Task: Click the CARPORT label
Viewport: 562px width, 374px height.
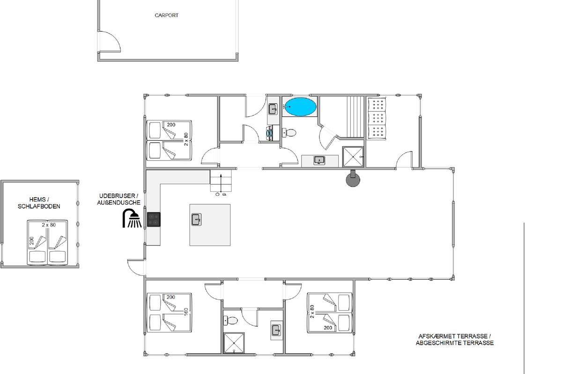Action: [x=166, y=15]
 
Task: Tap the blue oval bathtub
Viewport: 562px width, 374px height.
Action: [x=300, y=107]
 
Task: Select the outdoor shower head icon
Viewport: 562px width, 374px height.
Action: [x=132, y=218]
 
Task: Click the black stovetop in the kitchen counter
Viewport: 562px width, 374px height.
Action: [x=154, y=219]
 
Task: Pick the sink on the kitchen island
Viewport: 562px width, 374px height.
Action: [x=196, y=219]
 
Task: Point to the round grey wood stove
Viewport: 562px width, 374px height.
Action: [x=353, y=179]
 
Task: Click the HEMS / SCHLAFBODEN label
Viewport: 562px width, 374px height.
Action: [x=39, y=203]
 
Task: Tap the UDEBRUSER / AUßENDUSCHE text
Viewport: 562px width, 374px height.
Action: [x=118, y=199]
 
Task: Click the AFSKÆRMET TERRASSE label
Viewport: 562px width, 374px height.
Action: [x=455, y=336]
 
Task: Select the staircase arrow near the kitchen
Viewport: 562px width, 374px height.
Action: [x=221, y=184]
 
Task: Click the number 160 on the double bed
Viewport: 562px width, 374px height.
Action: [x=186, y=312]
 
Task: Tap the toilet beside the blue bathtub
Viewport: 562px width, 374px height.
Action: [x=289, y=132]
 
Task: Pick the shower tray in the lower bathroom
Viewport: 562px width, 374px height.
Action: [x=234, y=343]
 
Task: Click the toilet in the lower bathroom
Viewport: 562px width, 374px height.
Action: [x=230, y=320]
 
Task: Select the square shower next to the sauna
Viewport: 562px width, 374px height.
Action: [x=353, y=157]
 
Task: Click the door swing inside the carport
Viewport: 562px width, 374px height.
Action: [x=110, y=41]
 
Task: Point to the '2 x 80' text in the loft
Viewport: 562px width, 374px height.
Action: [x=49, y=225]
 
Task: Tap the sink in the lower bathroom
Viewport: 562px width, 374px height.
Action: [x=276, y=331]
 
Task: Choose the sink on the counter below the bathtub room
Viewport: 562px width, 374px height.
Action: [x=319, y=160]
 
